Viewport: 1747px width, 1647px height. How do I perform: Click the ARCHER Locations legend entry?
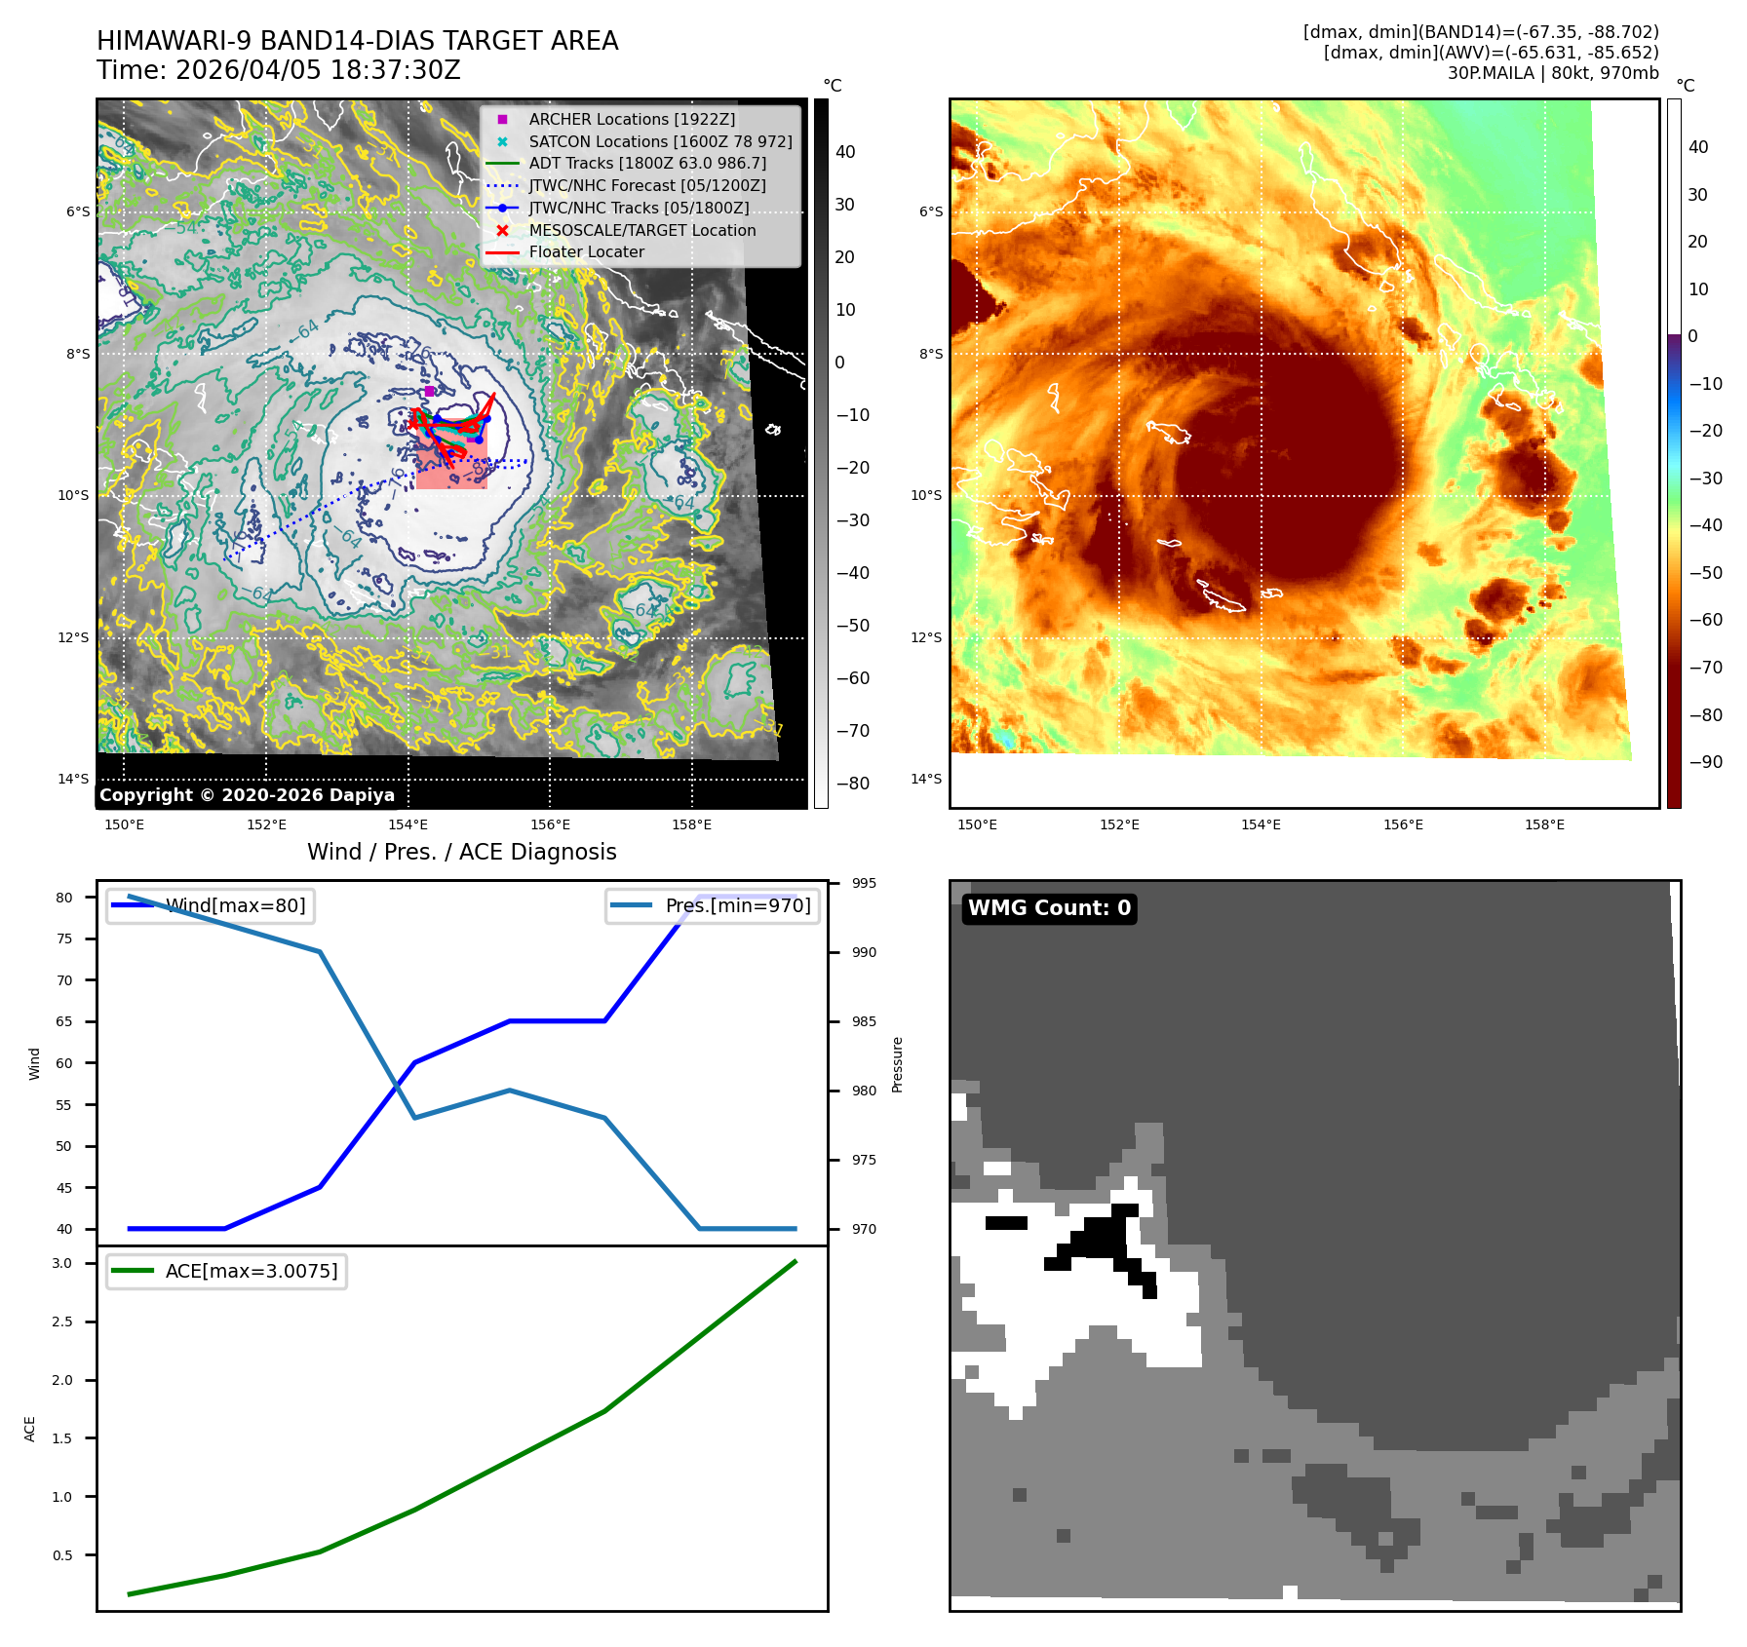tap(632, 119)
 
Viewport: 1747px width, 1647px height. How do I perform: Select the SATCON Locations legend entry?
tap(660, 141)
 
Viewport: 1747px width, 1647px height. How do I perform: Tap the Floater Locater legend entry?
tap(586, 251)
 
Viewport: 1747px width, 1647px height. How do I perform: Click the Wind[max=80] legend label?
tap(235, 905)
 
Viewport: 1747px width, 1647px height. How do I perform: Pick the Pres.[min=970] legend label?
tap(737, 905)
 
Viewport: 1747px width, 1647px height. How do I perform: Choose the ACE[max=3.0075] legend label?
tap(252, 1271)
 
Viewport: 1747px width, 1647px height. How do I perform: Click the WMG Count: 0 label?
tap(1049, 908)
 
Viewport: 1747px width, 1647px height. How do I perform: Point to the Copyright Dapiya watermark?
tap(247, 795)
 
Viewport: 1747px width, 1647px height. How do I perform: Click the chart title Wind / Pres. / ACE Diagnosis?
tap(461, 852)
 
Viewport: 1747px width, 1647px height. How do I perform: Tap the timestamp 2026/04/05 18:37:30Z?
tap(318, 70)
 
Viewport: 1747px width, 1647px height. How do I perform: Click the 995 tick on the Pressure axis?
tap(864, 883)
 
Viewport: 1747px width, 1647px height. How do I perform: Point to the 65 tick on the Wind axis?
tap(64, 1021)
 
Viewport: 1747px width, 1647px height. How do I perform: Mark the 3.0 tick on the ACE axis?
tap(62, 1263)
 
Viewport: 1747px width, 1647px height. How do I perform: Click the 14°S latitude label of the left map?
tap(73, 779)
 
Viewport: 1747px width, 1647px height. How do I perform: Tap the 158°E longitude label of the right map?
tap(1544, 824)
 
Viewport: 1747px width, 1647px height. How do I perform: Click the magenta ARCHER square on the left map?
tap(430, 391)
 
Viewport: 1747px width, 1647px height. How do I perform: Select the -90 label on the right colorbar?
tap(1705, 762)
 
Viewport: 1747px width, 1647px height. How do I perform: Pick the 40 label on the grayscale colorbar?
tap(845, 152)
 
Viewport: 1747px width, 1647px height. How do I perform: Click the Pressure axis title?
tap(898, 1064)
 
